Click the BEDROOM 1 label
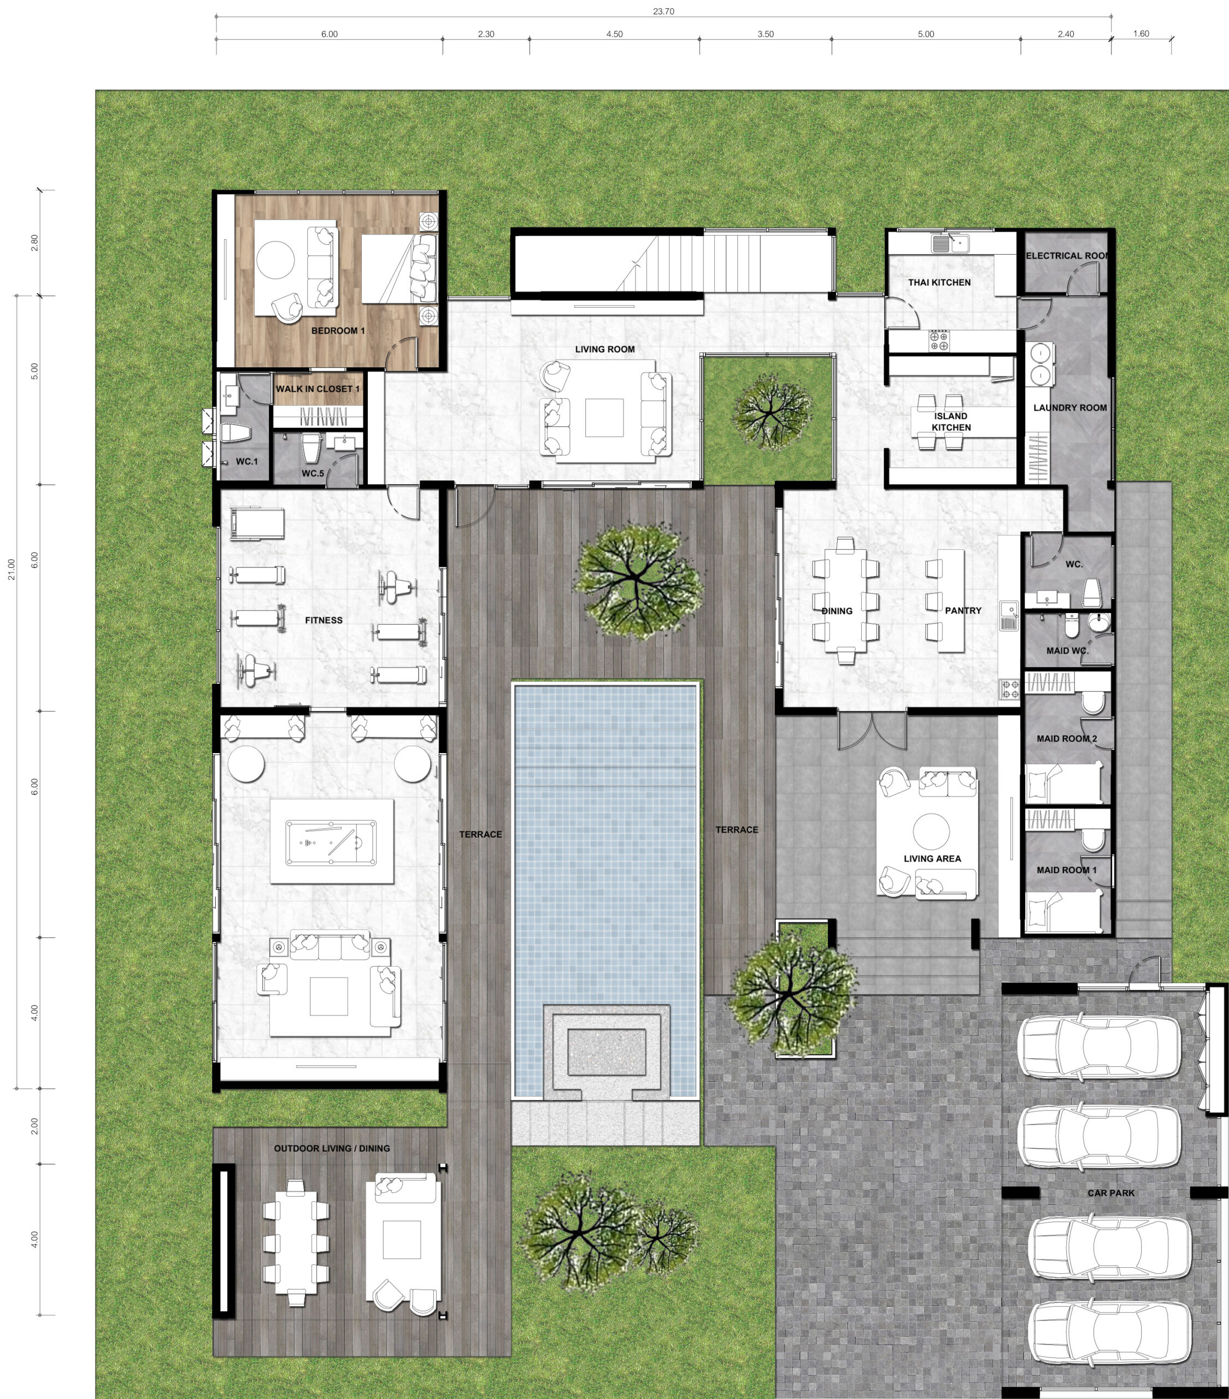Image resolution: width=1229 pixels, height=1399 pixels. pos(338,331)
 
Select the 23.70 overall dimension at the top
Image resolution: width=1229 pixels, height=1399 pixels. pos(663,11)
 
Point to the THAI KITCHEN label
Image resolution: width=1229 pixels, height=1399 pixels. pos(939,282)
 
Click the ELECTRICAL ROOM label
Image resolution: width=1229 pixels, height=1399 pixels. pos(1067,255)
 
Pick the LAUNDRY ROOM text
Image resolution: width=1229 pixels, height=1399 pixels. pos(1069,407)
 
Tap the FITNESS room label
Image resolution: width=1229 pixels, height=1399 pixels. pos(324,620)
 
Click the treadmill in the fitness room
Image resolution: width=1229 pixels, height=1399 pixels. pos(257,524)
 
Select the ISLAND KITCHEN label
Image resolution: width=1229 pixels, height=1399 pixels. pos(951,422)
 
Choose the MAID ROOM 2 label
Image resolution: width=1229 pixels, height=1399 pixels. pos(1066,738)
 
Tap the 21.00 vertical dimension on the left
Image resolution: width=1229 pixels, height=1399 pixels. pos(11,569)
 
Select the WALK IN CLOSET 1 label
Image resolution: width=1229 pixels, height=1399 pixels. pos(317,389)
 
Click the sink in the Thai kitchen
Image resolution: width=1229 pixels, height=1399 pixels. pos(949,243)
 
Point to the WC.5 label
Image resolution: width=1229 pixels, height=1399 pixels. pos(313,473)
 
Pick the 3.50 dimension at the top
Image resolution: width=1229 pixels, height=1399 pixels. pos(765,34)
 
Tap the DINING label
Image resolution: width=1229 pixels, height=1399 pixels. pos(837,610)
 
